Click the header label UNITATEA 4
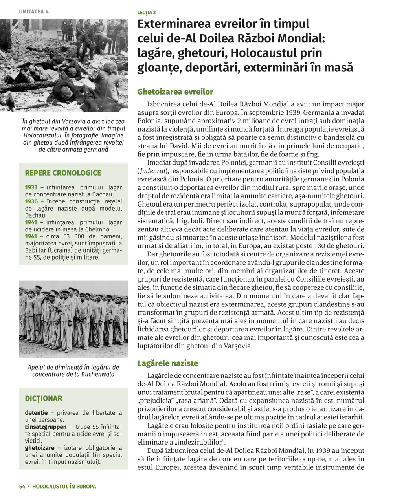tap(34, 11)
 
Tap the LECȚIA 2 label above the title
tap(147, 13)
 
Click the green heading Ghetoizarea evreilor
tap(175, 92)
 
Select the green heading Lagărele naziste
tap(167, 363)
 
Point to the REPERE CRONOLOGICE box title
tap(63, 173)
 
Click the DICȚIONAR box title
tap(44, 398)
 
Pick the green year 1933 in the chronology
tap(31, 187)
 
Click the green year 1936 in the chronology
tap(31, 201)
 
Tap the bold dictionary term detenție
tap(36, 413)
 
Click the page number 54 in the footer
tap(22, 486)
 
